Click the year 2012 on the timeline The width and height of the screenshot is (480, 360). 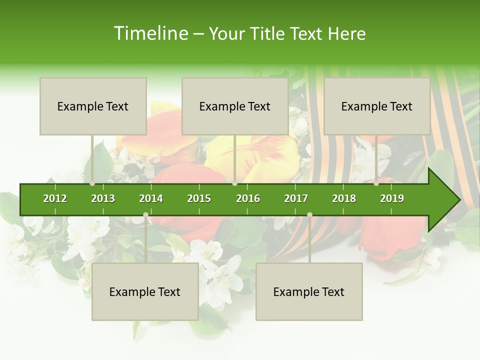(x=55, y=198)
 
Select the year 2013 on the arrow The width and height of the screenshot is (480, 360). (x=103, y=198)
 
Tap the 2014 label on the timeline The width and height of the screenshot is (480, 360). (x=151, y=198)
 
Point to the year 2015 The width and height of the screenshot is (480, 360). (x=199, y=198)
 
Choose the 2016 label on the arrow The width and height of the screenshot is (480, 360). (x=248, y=198)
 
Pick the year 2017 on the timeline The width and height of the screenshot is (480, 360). (x=296, y=198)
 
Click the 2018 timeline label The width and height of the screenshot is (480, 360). (x=344, y=198)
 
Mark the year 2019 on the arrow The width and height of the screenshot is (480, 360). (x=392, y=198)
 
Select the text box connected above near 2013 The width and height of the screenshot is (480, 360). (x=93, y=106)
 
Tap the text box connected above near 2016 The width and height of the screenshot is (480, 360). (x=235, y=106)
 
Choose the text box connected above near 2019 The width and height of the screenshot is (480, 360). (x=377, y=106)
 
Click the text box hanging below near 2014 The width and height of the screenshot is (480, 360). (x=145, y=291)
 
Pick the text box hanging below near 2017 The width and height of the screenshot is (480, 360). (x=309, y=291)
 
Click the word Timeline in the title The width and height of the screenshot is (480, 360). (x=150, y=33)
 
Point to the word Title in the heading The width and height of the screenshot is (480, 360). (x=270, y=33)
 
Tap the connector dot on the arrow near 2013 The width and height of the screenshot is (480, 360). (x=92, y=183)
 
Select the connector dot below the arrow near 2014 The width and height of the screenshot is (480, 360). (x=145, y=214)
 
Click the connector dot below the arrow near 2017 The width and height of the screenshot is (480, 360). (x=309, y=214)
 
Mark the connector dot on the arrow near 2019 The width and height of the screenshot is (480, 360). (x=376, y=183)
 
